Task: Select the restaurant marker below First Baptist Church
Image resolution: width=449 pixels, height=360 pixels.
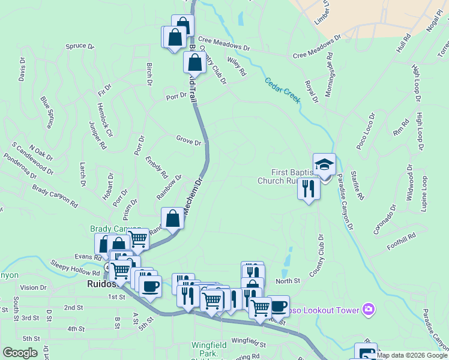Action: (x=309, y=189)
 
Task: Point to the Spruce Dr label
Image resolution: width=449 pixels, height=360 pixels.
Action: (x=80, y=46)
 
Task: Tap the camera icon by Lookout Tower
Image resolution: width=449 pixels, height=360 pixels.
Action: (x=369, y=310)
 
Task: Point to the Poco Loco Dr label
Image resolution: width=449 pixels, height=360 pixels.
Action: (x=365, y=131)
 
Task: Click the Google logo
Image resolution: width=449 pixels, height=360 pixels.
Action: (x=20, y=353)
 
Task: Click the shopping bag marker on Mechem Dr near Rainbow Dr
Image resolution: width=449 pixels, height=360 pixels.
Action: (x=173, y=218)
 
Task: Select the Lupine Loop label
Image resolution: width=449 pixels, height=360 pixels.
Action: (x=424, y=193)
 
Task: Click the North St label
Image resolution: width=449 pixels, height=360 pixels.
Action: (x=288, y=281)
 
